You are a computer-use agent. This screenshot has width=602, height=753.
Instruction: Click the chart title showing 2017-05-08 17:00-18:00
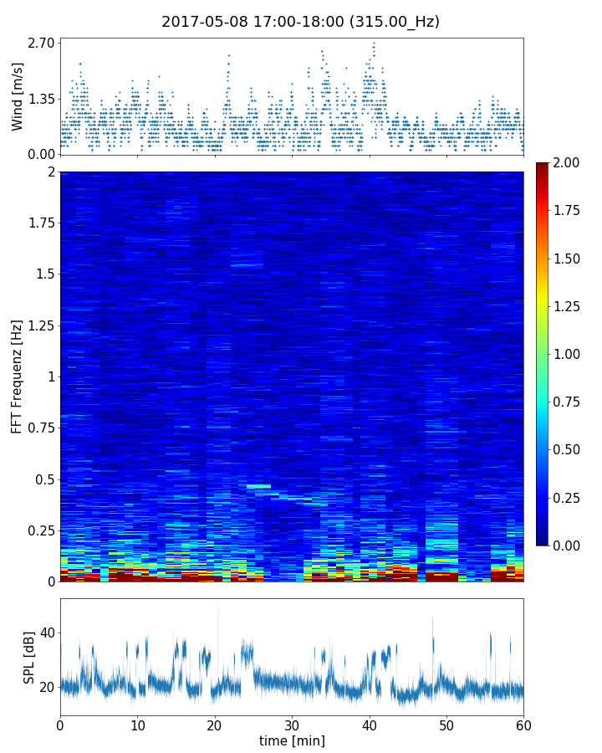click(x=300, y=22)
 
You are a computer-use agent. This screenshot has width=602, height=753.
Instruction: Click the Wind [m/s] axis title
click(x=18, y=95)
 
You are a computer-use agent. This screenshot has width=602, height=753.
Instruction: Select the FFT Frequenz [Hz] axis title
click(x=17, y=376)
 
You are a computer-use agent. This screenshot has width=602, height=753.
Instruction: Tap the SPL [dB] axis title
click(x=28, y=657)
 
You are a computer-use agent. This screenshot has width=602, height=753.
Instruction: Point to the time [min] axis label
click(x=292, y=740)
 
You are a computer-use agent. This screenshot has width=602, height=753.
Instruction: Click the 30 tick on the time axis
click(x=292, y=725)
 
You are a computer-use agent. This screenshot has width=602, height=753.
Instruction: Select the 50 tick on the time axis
click(x=446, y=725)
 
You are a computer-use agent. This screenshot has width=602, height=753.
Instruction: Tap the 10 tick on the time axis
click(x=137, y=725)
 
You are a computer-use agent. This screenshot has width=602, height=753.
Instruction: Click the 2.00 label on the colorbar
click(x=570, y=162)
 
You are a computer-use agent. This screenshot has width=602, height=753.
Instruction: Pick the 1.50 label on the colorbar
click(x=570, y=259)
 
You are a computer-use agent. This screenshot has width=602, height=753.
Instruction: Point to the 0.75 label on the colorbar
click(x=570, y=402)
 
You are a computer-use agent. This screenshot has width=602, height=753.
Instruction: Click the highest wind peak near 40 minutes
click(x=374, y=44)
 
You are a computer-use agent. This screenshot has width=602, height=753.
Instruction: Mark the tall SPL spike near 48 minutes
click(x=432, y=620)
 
